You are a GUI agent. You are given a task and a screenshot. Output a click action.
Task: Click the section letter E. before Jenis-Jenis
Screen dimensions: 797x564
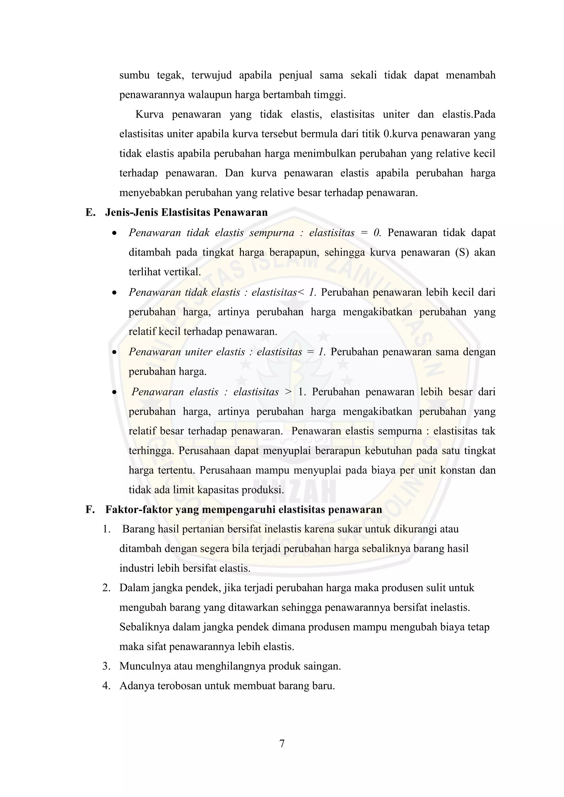[90, 212]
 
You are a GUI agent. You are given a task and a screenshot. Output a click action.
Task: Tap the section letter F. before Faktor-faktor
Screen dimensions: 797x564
[90, 510]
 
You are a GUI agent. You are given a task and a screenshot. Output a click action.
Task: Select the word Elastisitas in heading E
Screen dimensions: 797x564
[186, 212]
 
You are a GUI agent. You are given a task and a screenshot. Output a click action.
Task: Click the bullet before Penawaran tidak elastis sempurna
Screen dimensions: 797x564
[114, 233]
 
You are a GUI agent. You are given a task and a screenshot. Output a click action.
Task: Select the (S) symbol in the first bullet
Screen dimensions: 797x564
[462, 252]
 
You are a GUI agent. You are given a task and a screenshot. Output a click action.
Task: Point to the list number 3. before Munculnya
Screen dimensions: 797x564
[106, 666]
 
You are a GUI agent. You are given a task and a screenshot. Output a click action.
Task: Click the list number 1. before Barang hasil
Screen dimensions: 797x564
[106, 529]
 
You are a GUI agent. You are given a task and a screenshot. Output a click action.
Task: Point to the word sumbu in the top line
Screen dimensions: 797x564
[134, 75]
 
